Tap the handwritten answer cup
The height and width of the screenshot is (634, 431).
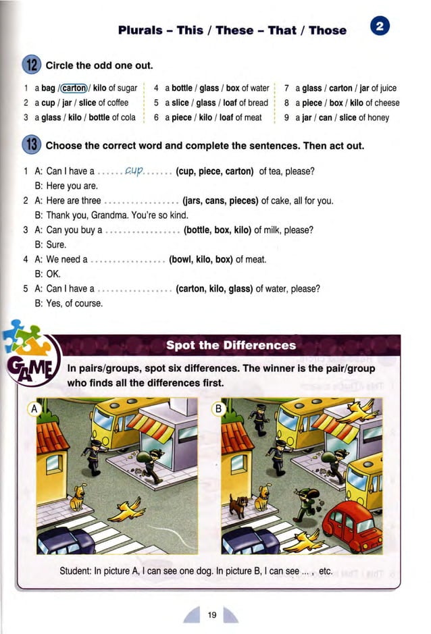pos(136,171)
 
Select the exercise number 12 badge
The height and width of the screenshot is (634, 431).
pos(32,65)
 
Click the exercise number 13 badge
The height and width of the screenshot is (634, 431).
pos(32,144)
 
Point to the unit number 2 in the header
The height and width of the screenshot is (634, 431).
pos(380,27)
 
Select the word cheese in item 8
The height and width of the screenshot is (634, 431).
pos(386,103)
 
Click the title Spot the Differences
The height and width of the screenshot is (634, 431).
pos(231,346)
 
